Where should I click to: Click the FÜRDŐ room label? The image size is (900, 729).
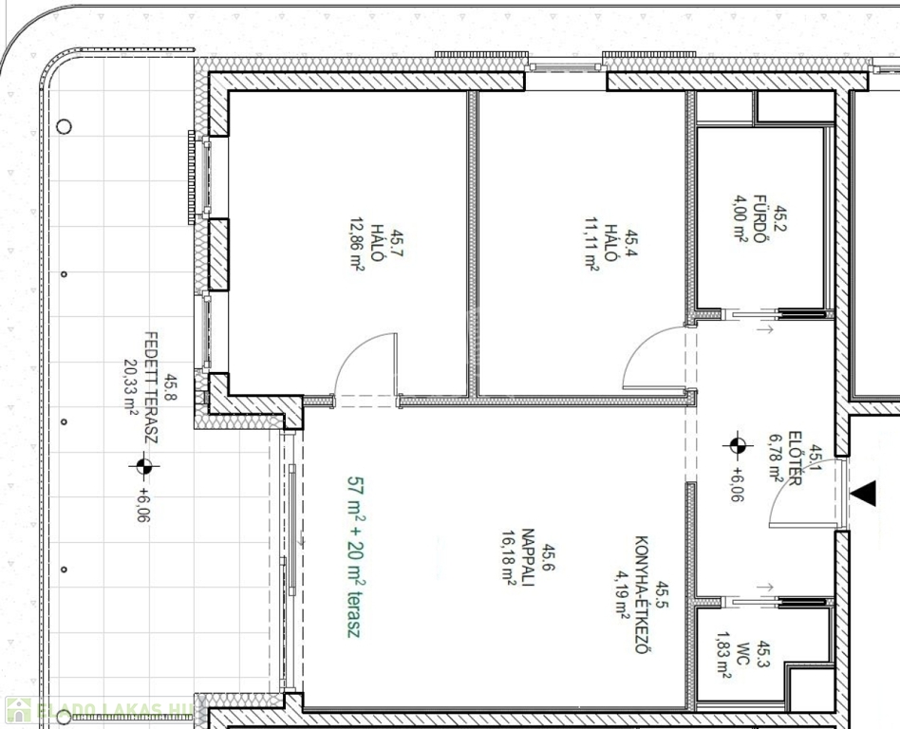(759, 218)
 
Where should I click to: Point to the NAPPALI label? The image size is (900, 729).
(528, 557)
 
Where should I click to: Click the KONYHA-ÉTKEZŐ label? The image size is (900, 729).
(643, 594)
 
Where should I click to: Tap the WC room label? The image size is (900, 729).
(741, 661)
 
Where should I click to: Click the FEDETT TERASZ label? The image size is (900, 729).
(150, 387)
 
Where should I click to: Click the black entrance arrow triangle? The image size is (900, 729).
(863, 494)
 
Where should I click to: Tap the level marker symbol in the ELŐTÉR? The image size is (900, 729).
(738, 445)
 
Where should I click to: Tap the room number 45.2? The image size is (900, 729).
(779, 218)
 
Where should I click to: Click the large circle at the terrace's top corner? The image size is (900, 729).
(64, 126)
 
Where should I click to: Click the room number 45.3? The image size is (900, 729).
(763, 655)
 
